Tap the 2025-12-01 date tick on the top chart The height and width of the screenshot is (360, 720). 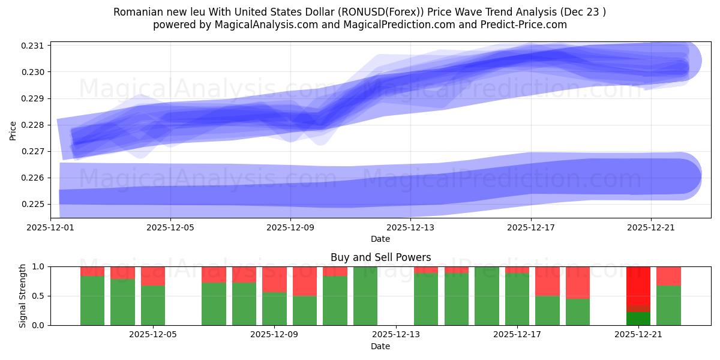pyautogui.click(x=50, y=228)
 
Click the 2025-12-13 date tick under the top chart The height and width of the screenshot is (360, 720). pyautogui.click(x=410, y=228)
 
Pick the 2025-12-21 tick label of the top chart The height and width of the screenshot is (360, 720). pyautogui.click(x=651, y=228)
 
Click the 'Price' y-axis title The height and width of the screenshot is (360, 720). pyautogui.click(x=13, y=130)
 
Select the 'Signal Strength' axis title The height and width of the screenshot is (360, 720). pyautogui.click(x=22, y=296)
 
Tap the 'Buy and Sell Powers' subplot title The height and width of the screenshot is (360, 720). pyautogui.click(x=380, y=257)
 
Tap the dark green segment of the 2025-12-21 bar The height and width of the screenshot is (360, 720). pyautogui.click(x=638, y=319)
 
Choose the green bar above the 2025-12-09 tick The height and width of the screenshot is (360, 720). pyautogui.click(x=274, y=308)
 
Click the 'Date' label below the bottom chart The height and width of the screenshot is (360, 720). pyautogui.click(x=380, y=346)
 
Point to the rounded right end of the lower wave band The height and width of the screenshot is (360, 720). pyautogui.click(x=690, y=176)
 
